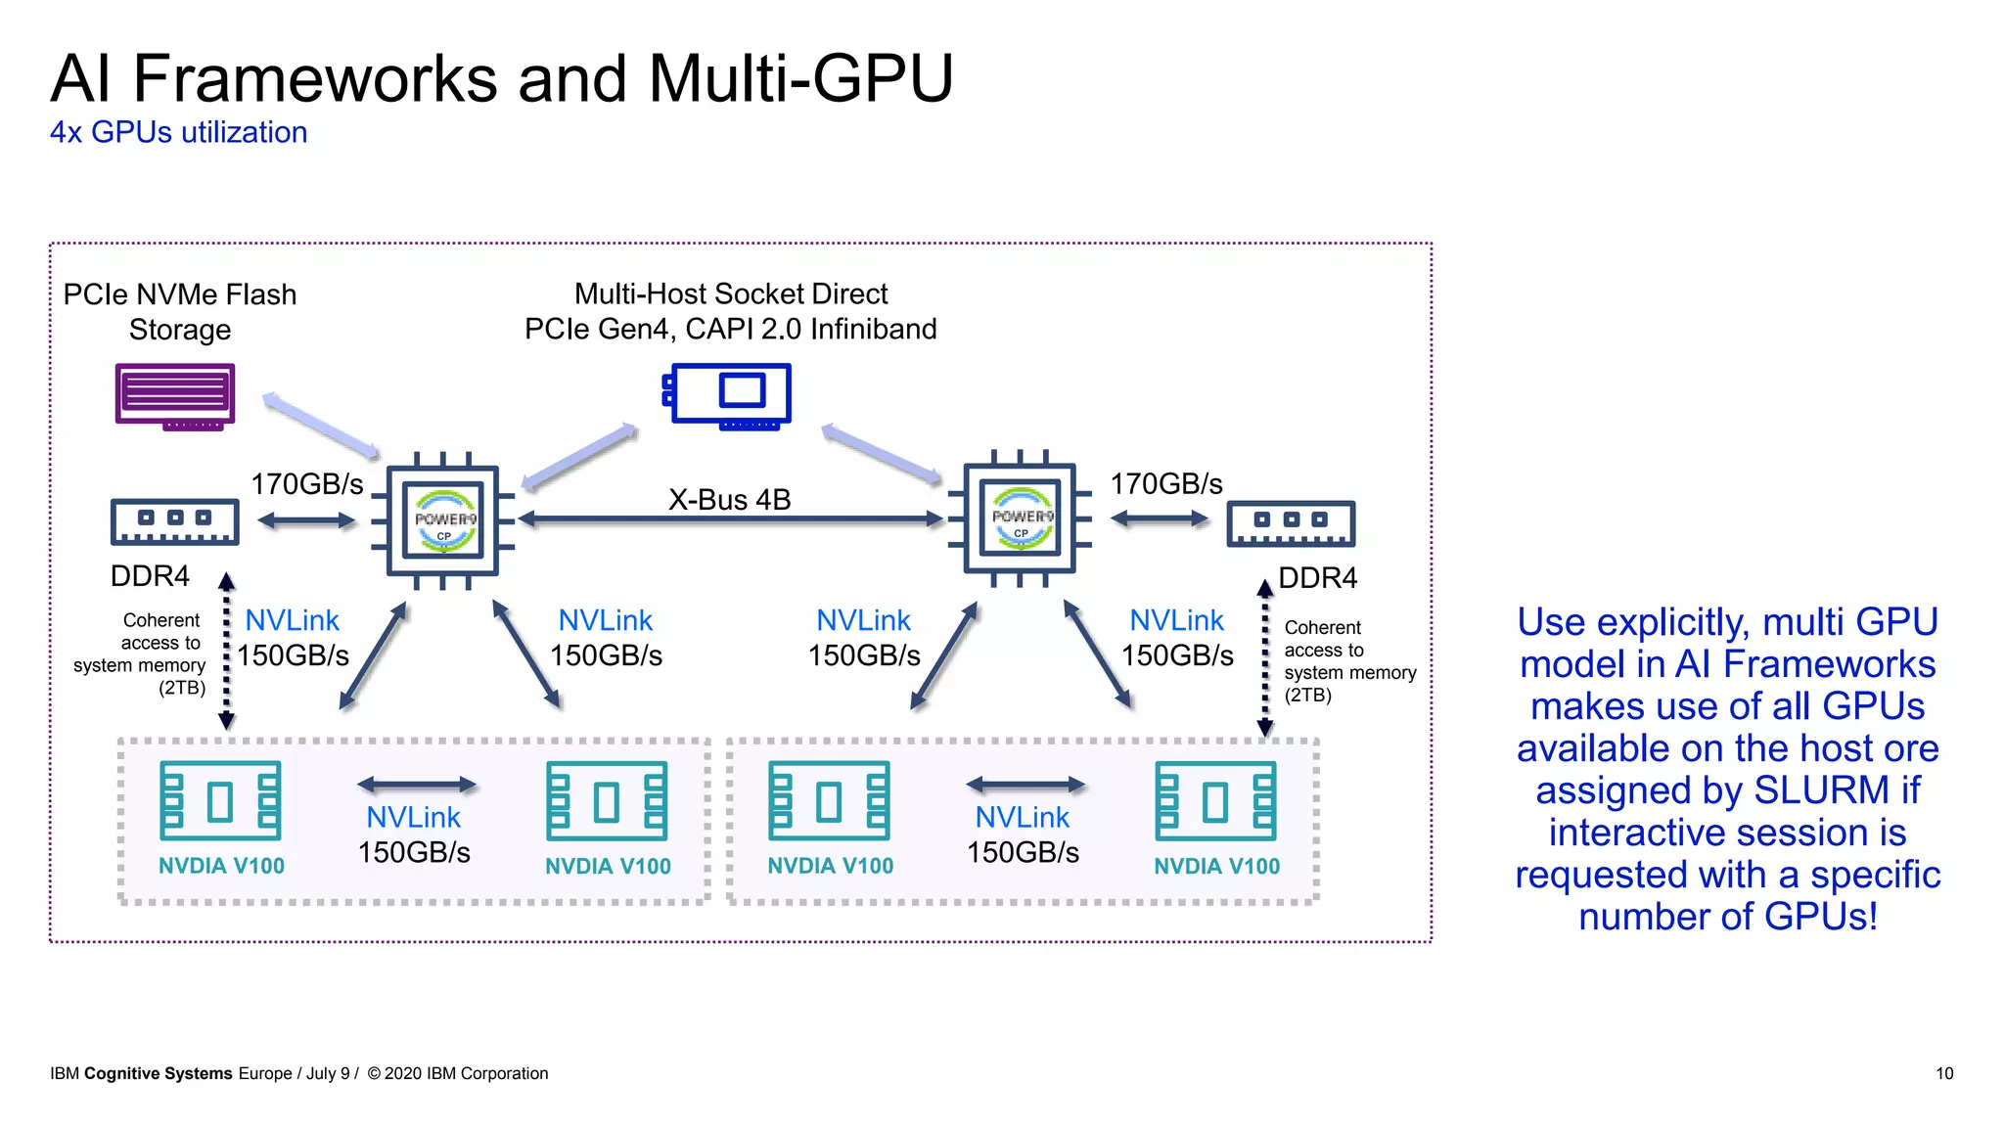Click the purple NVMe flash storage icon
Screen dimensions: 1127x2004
(175, 395)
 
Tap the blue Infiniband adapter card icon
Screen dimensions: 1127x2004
(729, 394)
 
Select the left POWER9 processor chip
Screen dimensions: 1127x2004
(443, 520)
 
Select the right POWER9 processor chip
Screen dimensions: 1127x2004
(1021, 518)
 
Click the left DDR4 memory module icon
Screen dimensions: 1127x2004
(174, 521)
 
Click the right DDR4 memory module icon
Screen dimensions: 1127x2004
(1291, 522)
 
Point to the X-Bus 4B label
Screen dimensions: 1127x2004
(729, 500)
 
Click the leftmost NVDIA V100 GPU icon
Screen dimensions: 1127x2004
(220, 800)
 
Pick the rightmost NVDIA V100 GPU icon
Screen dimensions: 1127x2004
(1215, 800)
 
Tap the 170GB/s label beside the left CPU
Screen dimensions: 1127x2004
(306, 484)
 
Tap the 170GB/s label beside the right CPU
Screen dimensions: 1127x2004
(1165, 484)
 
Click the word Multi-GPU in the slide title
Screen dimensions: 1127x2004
(800, 78)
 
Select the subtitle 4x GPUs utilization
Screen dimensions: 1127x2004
(178, 132)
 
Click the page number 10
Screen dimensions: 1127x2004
(1943, 1073)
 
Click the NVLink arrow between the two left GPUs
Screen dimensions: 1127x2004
(416, 785)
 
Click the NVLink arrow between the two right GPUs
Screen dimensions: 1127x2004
(1025, 785)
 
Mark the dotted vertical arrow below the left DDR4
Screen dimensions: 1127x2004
(226, 651)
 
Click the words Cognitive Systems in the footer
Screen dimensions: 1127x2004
(158, 1073)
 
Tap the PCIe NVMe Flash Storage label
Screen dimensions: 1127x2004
(179, 311)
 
